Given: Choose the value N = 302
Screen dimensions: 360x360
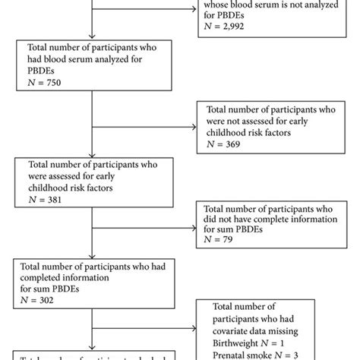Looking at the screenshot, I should tap(48, 300).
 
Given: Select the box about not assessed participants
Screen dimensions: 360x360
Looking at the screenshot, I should tap(267, 124).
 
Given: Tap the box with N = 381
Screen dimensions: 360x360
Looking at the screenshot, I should tap(92, 182).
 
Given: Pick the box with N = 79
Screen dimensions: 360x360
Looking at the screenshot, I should tap(267, 226).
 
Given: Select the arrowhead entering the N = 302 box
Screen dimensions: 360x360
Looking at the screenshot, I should tap(91, 256).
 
